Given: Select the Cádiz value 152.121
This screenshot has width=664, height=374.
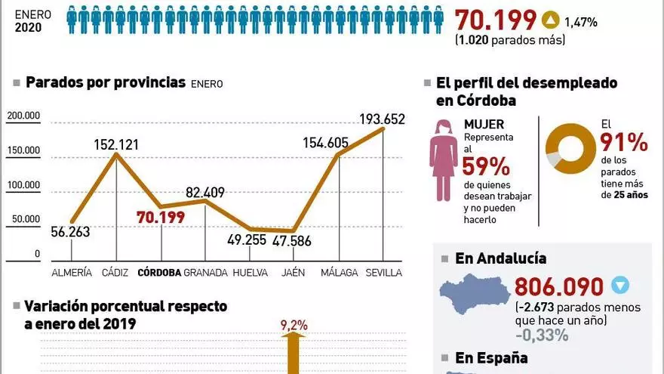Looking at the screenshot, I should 115,144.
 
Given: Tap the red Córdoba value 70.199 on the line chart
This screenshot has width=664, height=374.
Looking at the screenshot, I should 161,218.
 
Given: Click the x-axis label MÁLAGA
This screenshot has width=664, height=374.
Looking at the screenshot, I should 339,272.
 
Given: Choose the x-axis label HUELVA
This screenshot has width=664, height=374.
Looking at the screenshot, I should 251,272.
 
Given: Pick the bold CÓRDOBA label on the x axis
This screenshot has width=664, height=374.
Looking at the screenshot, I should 158,272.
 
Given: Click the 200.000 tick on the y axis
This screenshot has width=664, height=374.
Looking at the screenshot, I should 23,116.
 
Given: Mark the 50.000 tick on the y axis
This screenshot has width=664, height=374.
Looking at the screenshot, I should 26,219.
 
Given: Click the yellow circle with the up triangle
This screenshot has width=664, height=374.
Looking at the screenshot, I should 551,21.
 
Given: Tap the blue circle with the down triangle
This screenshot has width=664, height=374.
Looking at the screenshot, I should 619,286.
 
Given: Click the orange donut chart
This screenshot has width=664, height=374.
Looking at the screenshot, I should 570,148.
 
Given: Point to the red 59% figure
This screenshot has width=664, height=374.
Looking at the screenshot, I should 486,165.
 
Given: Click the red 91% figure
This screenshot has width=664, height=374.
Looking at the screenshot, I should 624,141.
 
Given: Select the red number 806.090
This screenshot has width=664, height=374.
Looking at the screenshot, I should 558,286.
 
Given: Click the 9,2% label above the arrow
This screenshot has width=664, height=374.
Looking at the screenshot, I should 294,326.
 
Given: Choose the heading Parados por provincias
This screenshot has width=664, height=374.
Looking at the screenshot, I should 106,82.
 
